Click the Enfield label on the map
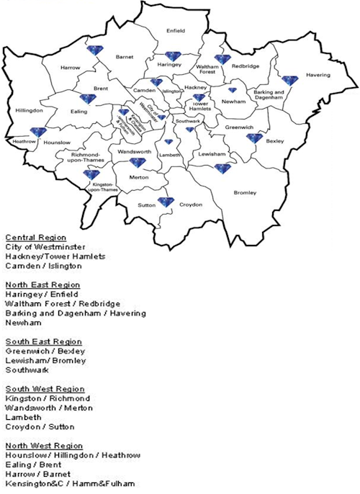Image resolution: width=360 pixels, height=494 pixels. (x=175, y=31)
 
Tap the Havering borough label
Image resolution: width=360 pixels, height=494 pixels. (x=318, y=75)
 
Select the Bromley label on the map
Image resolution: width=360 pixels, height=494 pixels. (x=246, y=192)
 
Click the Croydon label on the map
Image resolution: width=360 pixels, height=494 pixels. (x=191, y=205)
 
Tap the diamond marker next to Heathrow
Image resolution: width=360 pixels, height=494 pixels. (x=37, y=133)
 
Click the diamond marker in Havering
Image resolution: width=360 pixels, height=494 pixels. (x=289, y=81)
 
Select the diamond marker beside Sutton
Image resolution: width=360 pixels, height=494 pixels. (x=166, y=202)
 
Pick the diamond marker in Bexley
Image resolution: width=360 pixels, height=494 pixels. (x=254, y=138)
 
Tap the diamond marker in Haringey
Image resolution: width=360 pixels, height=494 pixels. (x=173, y=56)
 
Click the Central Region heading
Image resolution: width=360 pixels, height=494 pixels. (x=35, y=238)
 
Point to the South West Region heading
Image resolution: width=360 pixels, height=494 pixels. (x=42, y=388)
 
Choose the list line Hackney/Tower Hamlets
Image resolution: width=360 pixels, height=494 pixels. (x=55, y=256)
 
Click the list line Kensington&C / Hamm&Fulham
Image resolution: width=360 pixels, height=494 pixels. (x=69, y=483)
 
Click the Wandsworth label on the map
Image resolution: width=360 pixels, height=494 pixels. (x=134, y=153)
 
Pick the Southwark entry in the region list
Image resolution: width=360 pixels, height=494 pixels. (x=26, y=369)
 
